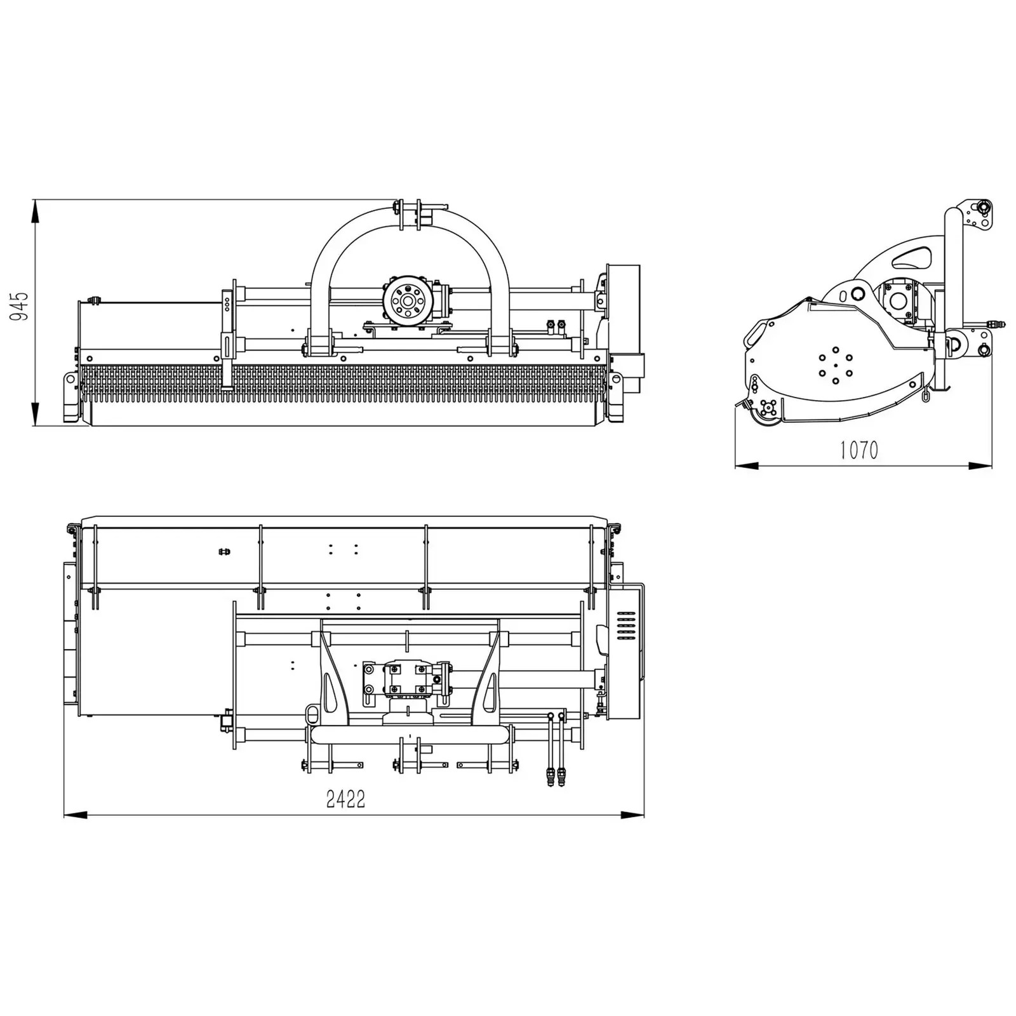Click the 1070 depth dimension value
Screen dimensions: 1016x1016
point(859,450)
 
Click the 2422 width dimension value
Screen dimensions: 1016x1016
point(345,799)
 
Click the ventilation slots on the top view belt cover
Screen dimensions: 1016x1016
point(626,626)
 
